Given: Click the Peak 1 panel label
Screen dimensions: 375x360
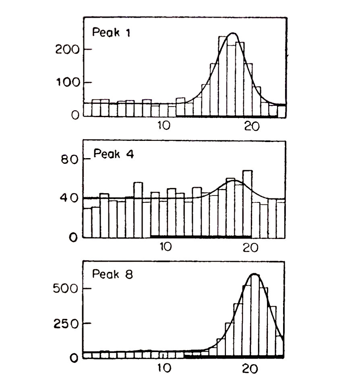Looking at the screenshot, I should [x=108, y=32].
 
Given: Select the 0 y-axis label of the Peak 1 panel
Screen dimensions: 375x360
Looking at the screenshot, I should [x=75, y=115].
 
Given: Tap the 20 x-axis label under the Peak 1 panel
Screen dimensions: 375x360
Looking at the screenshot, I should [x=252, y=126].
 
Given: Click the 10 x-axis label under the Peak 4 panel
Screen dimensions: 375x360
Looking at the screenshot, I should [x=165, y=247].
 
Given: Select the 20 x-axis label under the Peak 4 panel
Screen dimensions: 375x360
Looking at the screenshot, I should [x=252, y=247].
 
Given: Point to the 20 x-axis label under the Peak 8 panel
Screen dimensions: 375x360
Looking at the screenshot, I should [x=251, y=367].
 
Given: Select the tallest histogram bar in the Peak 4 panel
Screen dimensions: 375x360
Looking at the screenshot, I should [x=247, y=203].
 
